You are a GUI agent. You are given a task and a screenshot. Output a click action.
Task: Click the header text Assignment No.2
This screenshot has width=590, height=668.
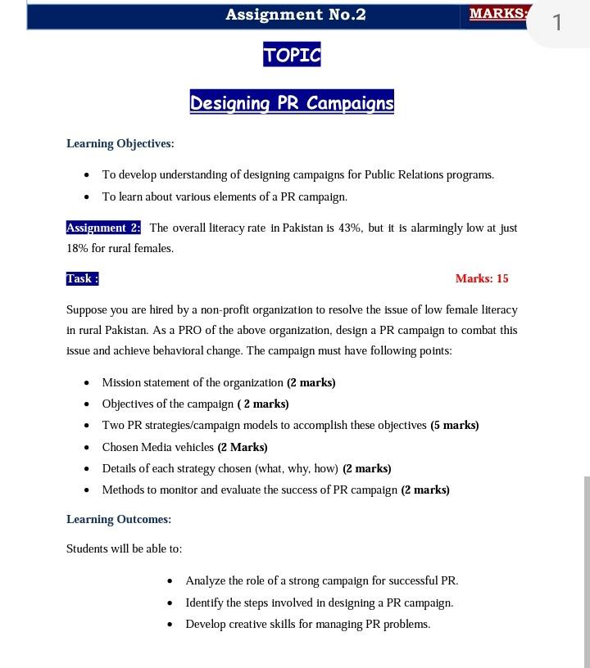point(295,15)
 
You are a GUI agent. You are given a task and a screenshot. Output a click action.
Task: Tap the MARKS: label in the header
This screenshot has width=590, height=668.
point(497,14)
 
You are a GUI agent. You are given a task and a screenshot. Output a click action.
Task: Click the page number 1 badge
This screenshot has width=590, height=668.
point(558,22)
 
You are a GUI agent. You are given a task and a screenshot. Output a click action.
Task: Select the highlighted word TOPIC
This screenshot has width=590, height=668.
point(292,56)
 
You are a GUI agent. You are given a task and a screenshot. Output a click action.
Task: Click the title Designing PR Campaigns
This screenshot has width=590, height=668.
point(292,103)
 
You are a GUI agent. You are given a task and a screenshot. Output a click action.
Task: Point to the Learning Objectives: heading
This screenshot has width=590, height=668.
point(120,144)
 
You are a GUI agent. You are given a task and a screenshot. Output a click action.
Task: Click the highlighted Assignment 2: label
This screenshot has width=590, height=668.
point(103,228)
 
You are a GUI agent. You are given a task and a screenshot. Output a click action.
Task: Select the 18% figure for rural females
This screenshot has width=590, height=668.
point(76,249)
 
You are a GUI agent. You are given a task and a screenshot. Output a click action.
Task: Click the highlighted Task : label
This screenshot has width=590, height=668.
point(83,279)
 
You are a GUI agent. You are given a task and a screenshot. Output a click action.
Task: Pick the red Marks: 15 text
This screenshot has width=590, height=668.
point(482,279)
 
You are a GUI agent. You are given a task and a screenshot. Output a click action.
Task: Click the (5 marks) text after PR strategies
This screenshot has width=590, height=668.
point(454,426)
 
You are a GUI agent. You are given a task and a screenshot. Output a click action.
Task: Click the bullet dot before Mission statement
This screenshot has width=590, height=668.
point(87,383)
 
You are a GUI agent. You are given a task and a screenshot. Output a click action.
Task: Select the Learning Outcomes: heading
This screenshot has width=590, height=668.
point(119,520)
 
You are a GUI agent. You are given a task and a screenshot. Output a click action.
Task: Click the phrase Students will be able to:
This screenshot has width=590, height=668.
point(124,549)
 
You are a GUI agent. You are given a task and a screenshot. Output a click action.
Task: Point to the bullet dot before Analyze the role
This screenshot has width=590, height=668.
point(170,581)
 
